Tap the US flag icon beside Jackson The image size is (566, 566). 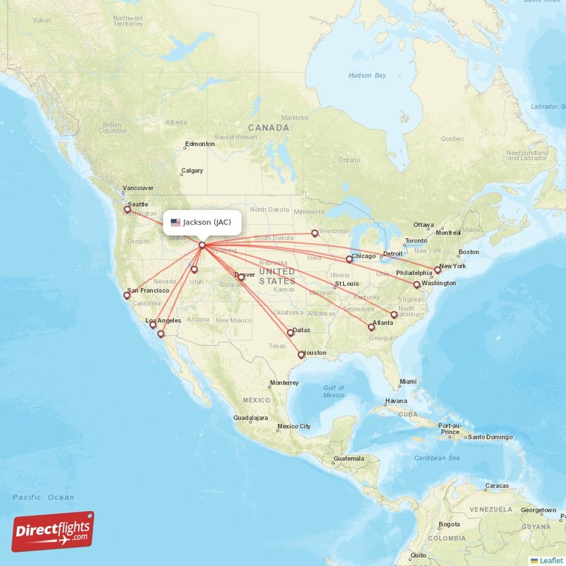pyautogui.click(x=175, y=222)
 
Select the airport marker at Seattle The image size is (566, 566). pyautogui.click(x=127, y=209)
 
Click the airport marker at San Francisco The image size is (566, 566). pyautogui.click(x=127, y=296)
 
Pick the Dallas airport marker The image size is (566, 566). pyautogui.click(x=290, y=333)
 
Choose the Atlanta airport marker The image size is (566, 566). pyautogui.click(x=371, y=327)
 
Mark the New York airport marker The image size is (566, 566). pyautogui.click(x=437, y=270)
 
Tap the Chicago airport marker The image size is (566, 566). pyautogui.click(x=349, y=259)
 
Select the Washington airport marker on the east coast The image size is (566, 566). pyautogui.click(x=417, y=284)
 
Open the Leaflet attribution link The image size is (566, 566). pyautogui.click(x=548, y=560)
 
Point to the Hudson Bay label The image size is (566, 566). pyautogui.click(x=367, y=76)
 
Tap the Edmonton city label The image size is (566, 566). pyautogui.click(x=200, y=144)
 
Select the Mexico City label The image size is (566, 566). pyautogui.click(x=294, y=427)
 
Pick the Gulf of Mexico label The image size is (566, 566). pyautogui.click(x=333, y=391)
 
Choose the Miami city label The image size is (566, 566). pyautogui.click(x=408, y=382)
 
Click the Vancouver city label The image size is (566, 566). pyautogui.click(x=139, y=189)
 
